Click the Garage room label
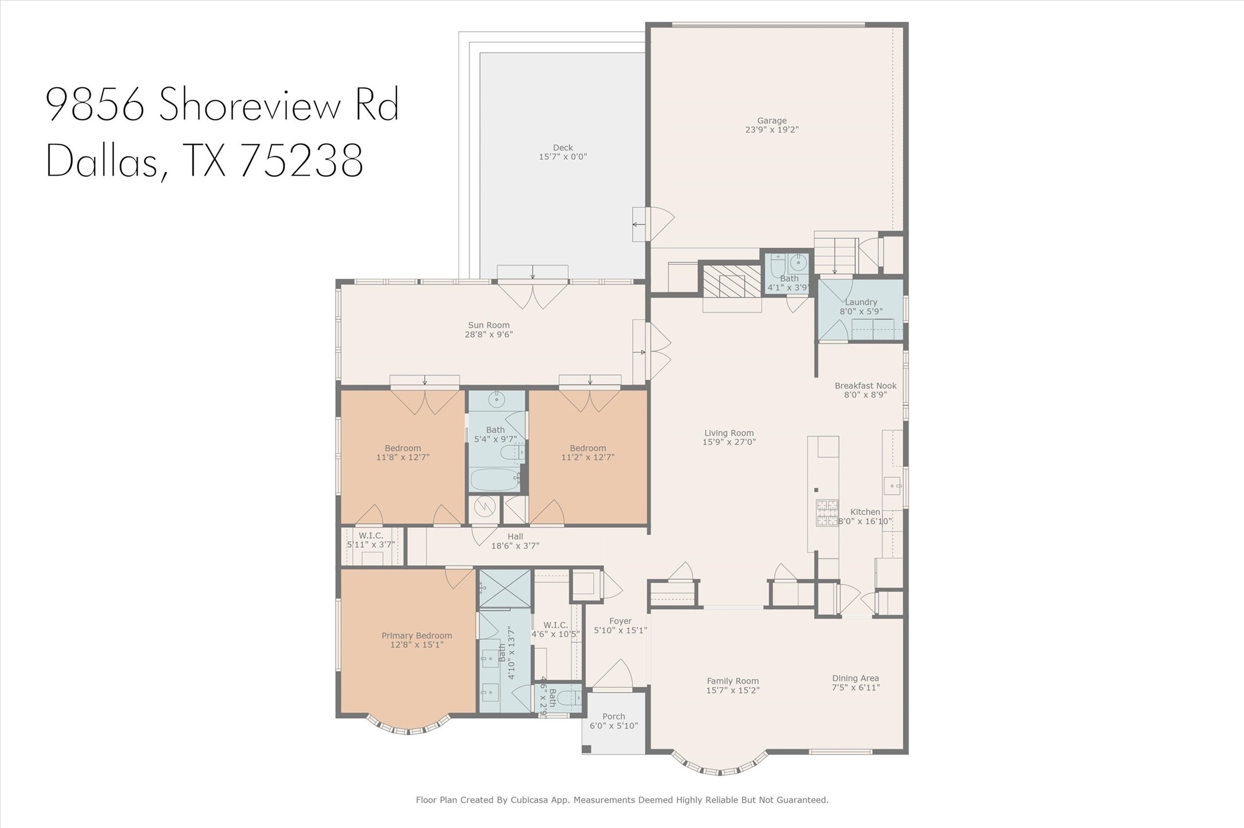[771, 121]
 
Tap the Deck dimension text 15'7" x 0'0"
[562, 157]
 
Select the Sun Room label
[488, 325]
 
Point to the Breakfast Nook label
[865, 386]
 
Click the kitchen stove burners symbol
[827, 512]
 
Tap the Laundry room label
[860, 302]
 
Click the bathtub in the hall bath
[494, 479]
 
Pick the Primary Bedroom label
[417, 636]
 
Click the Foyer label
[620, 621]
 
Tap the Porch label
[613, 716]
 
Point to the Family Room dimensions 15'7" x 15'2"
[732, 691]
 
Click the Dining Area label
[855, 679]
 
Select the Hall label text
[515, 537]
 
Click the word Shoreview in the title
[250, 104]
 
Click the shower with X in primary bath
[504, 588]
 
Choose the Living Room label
[729, 433]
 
